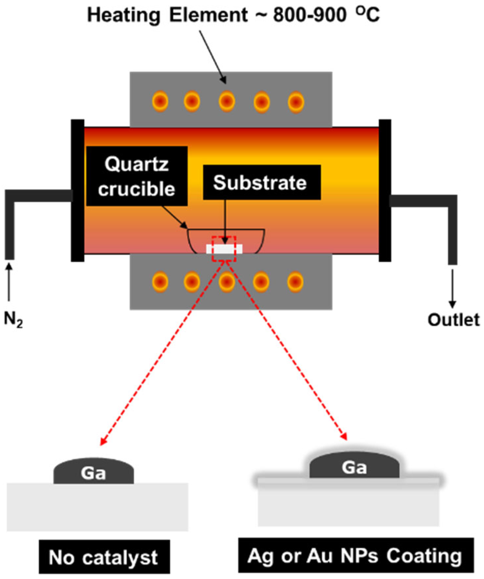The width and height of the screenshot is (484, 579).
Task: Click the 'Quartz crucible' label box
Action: [137, 176]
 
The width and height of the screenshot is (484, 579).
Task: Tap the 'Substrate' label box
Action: [261, 182]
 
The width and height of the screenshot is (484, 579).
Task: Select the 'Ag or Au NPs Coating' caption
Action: [356, 556]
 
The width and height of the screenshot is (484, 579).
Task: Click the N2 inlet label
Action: [13, 319]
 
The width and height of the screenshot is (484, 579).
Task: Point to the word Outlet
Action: [453, 320]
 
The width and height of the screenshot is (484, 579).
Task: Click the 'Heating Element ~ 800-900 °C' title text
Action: [233, 15]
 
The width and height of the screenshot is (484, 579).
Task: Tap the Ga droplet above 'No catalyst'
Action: [94, 472]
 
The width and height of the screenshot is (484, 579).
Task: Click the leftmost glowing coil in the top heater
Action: [160, 101]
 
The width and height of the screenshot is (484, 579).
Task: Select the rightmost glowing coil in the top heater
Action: [296, 102]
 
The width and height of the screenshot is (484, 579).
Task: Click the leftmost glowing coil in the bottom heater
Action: [160, 282]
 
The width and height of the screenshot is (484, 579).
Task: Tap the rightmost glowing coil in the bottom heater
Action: [295, 282]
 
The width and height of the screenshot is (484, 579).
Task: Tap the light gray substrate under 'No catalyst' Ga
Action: [97, 507]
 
